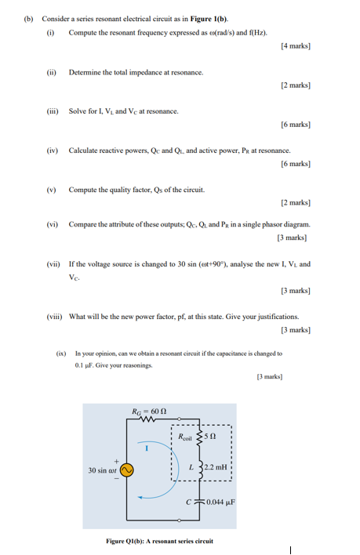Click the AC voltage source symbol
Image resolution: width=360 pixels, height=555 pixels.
125,470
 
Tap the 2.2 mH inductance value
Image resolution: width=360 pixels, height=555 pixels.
216,467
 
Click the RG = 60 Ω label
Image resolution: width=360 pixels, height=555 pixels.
148,409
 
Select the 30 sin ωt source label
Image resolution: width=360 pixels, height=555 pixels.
102,470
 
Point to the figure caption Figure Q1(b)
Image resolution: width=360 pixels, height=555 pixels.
159,540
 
